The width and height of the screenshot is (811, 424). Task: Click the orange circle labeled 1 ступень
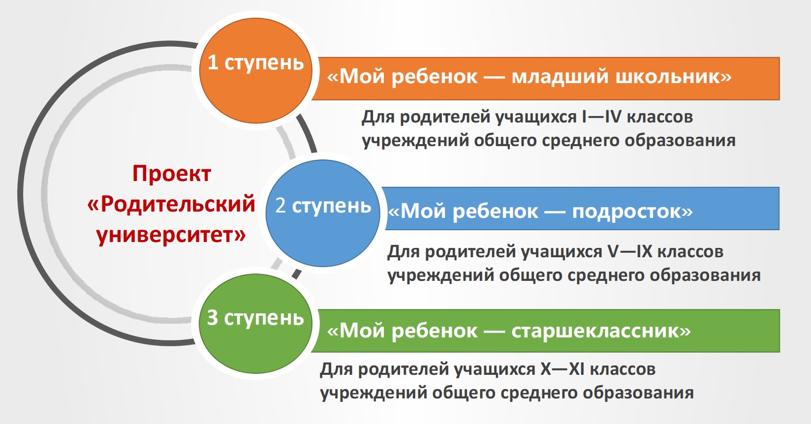pyautogui.click(x=255, y=70)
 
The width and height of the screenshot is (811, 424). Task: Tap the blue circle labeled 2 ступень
pyautogui.click(x=323, y=213)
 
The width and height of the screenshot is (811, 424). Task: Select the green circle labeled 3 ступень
pyautogui.click(x=255, y=324)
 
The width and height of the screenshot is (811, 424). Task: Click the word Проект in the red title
pyautogui.click(x=172, y=175)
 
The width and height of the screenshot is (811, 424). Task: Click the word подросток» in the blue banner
pyautogui.click(x=632, y=212)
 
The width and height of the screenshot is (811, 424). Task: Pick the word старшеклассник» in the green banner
pyautogui.click(x=601, y=331)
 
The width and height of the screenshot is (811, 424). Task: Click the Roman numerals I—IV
pyautogui.click(x=601, y=117)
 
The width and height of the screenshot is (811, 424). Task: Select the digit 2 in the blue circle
pyautogui.click(x=281, y=205)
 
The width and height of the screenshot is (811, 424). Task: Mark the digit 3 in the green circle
pyautogui.click(x=213, y=317)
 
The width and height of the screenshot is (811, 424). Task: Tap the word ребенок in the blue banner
pyautogui.click(x=496, y=212)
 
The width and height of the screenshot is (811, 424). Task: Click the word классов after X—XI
pyautogui.click(x=623, y=369)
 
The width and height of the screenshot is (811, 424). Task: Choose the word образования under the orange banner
pyautogui.click(x=680, y=141)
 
